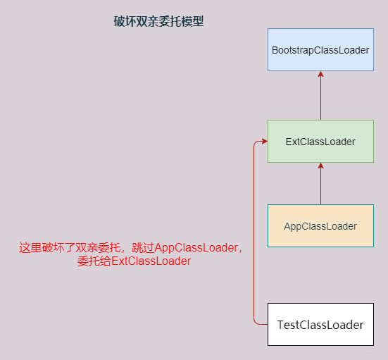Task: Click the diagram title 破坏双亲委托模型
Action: [158, 22]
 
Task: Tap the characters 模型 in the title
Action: [192, 22]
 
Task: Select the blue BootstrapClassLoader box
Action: [320, 50]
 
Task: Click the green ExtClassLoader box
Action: [320, 142]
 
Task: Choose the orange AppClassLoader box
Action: [320, 226]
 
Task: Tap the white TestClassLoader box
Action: [320, 325]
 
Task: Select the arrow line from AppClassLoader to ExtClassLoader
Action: [320, 185]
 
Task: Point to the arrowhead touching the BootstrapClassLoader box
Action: [320, 75]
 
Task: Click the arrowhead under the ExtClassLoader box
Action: [320, 166]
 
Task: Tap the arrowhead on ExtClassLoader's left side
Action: [263, 142]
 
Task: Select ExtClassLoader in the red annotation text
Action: [151, 261]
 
